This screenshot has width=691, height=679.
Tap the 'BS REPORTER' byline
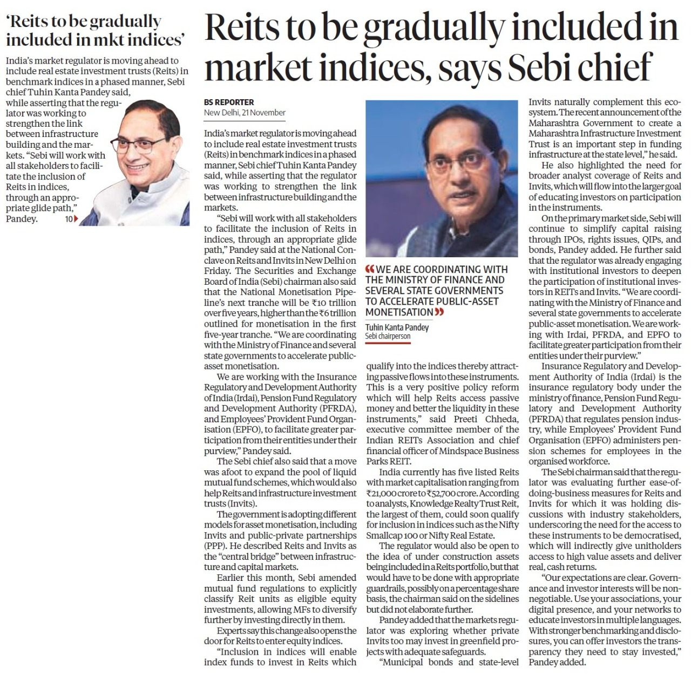229,102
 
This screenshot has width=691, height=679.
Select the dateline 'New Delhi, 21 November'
245,113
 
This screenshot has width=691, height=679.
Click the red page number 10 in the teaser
69,219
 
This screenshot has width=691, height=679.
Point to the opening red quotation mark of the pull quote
370,270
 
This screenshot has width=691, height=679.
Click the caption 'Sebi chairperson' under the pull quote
388,336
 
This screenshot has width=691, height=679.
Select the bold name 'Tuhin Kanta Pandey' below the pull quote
397,327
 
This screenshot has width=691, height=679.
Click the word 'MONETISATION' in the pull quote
399,312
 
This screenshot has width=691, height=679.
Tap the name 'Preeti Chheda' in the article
479,419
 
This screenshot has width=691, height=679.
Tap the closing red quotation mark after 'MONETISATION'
439,312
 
